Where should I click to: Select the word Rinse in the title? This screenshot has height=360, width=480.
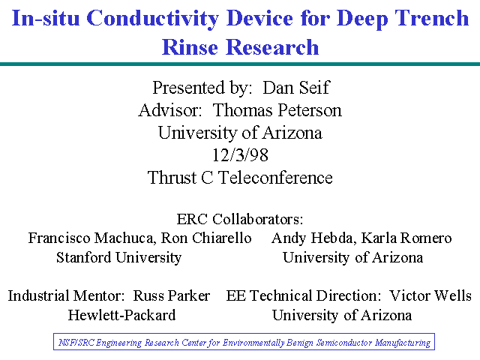tap(190, 47)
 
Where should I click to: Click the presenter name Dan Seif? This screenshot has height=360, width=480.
tap(296, 88)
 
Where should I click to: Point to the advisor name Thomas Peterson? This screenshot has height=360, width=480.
tap(277, 110)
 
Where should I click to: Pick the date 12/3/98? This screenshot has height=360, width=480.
tap(240, 155)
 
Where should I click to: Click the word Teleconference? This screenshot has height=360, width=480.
tap(275, 178)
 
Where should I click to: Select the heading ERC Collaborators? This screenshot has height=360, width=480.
tap(240, 219)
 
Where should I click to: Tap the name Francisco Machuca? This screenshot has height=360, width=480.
tap(92, 238)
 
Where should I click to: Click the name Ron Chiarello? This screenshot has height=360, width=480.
tap(206, 238)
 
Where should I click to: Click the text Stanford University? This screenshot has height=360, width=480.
tap(118, 257)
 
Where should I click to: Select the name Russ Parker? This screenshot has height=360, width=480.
tap(172, 296)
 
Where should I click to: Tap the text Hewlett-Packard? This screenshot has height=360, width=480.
tap(121, 315)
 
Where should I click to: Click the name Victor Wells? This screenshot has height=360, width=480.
tap(430, 296)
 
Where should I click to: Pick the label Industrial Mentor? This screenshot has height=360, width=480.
tap(66, 296)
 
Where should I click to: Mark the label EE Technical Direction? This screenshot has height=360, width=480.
tap(303, 296)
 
